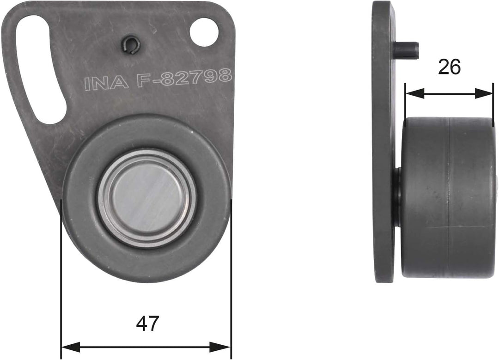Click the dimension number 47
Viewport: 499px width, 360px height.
click(147, 323)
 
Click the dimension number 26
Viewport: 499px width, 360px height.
click(449, 67)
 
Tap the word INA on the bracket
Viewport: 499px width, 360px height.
click(106, 83)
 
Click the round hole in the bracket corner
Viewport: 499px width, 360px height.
click(204, 32)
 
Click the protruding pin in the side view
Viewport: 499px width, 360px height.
click(407, 49)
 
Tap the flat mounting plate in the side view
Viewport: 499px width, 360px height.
click(383, 139)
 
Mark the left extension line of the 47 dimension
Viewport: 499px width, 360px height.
click(61, 277)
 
